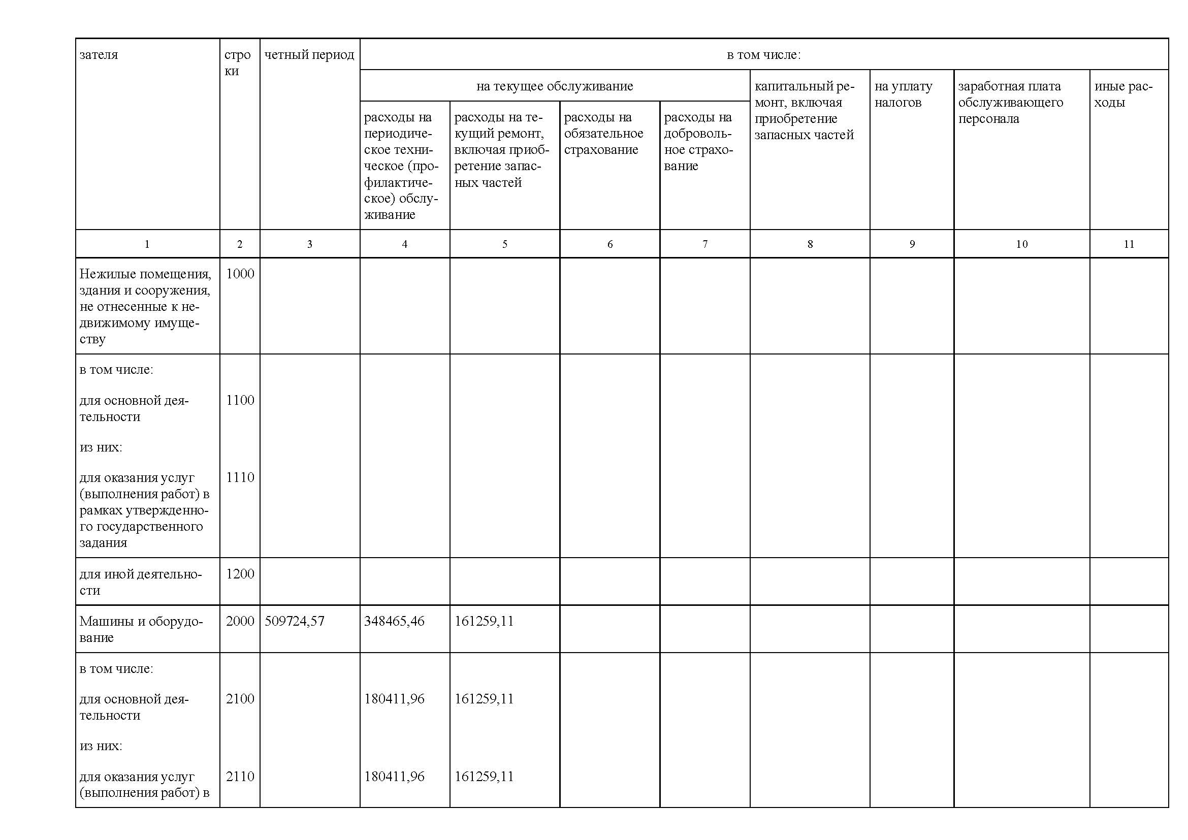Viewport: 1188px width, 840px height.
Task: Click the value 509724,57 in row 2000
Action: tap(294, 621)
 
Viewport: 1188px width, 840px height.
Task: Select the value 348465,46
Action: tap(394, 621)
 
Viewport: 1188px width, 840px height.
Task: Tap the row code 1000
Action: tap(240, 274)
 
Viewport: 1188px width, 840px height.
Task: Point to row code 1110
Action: tap(240, 477)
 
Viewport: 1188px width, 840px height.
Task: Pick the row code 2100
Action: tap(240, 698)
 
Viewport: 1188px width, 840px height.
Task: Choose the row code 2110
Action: tap(240, 776)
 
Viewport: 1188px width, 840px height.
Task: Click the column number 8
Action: tap(810, 244)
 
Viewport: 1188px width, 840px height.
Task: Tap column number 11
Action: tap(1129, 244)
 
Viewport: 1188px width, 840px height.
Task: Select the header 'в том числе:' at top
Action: tap(764, 55)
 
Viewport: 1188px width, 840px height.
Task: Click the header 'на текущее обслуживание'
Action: tap(555, 86)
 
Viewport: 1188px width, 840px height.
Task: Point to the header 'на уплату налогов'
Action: tap(904, 94)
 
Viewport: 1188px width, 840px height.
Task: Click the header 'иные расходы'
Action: tap(1123, 94)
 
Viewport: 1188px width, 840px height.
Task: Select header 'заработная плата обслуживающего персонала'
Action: tap(1010, 103)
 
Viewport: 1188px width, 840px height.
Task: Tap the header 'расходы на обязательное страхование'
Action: tap(603, 134)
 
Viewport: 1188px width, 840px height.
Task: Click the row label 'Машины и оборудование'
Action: tap(141, 629)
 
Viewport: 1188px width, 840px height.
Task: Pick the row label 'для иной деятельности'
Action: tap(141, 582)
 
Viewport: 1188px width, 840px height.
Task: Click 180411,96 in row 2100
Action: tap(394, 698)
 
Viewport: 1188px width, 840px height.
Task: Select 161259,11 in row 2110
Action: tap(484, 776)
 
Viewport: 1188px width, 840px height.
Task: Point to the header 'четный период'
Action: tap(309, 55)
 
